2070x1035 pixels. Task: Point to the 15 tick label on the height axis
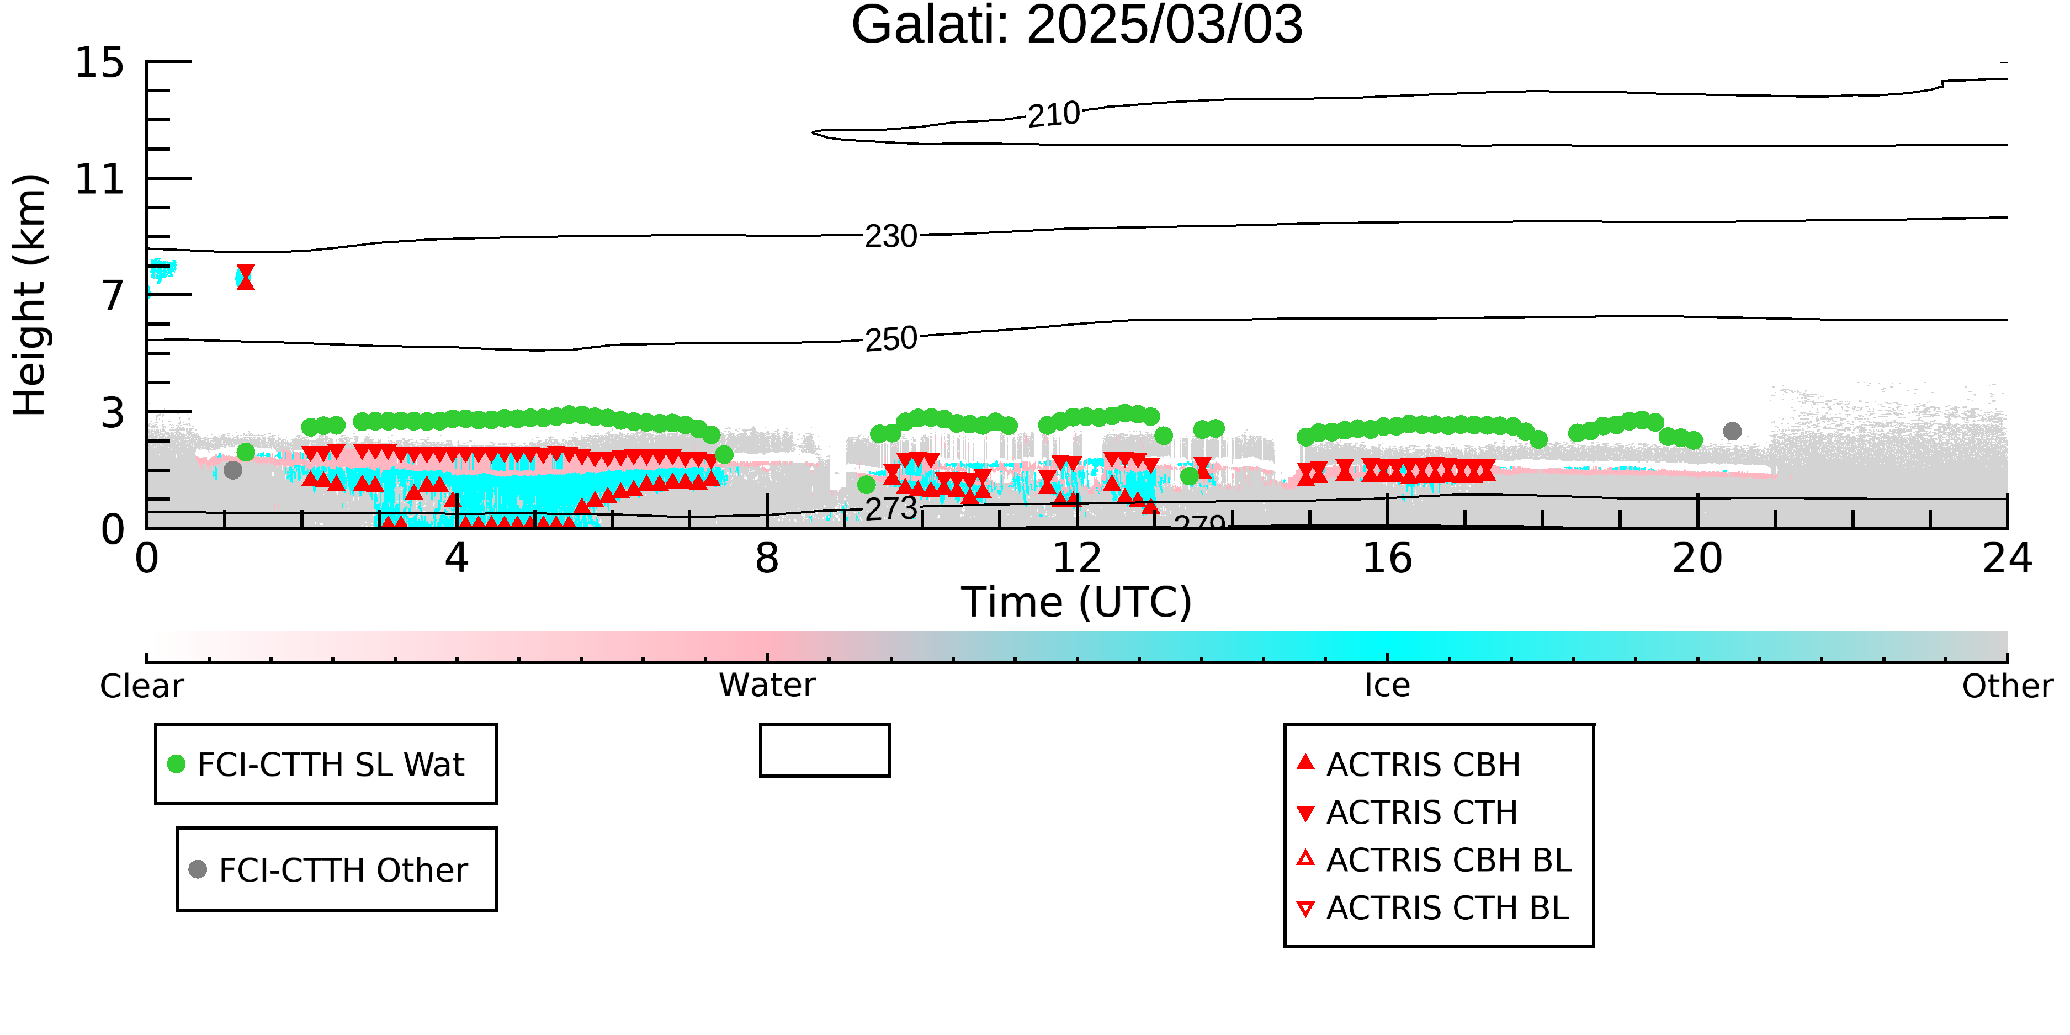(100, 63)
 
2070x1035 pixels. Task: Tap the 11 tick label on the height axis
(100, 179)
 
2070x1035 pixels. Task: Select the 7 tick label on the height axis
(113, 296)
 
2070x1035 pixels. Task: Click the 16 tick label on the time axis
(1387, 559)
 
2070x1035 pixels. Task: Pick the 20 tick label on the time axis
(1697, 559)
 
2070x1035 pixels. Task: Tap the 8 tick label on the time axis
(767, 559)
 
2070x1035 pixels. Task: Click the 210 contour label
(1053, 115)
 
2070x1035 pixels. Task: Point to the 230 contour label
(890, 236)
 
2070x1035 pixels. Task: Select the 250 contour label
(890, 339)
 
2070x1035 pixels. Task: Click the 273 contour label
(890, 508)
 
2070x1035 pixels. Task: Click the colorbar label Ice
(1387, 686)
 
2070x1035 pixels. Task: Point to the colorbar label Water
(767, 686)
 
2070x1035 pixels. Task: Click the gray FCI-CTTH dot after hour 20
(1733, 432)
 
